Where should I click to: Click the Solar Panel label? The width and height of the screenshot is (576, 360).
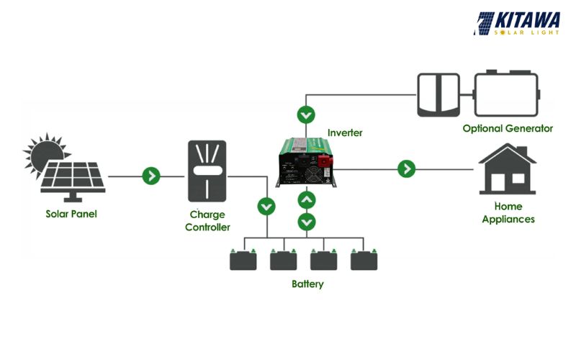pyautogui.click(x=71, y=214)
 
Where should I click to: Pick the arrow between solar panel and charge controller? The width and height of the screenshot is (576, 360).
pyautogui.click(x=151, y=175)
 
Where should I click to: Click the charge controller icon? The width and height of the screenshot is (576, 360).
pyautogui.click(x=207, y=171)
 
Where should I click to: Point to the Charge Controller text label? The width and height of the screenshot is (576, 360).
pyautogui.click(x=207, y=221)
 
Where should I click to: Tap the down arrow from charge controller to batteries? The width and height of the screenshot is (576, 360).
pyautogui.click(x=266, y=207)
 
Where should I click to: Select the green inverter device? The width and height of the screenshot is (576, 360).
pyautogui.click(x=307, y=163)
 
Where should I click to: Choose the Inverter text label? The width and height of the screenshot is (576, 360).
pyautogui.click(x=345, y=133)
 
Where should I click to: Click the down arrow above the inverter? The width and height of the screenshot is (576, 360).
pyautogui.click(x=307, y=114)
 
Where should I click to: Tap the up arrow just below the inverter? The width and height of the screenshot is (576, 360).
pyautogui.click(x=307, y=199)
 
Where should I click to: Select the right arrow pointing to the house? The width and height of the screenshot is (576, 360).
pyautogui.click(x=407, y=168)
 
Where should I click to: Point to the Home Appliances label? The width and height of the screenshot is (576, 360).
pyautogui.click(x=508, y=212)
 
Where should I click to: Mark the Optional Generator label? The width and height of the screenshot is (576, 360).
pyautogui.click(x=508, y=128)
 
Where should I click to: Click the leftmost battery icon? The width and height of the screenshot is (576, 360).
pyautogui.click(x=243, y=259)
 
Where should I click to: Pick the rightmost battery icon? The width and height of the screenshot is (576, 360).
pyautogui.click(x=364, y=259)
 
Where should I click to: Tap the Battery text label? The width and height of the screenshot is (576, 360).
pyautogui.click(x=307, y=284)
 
